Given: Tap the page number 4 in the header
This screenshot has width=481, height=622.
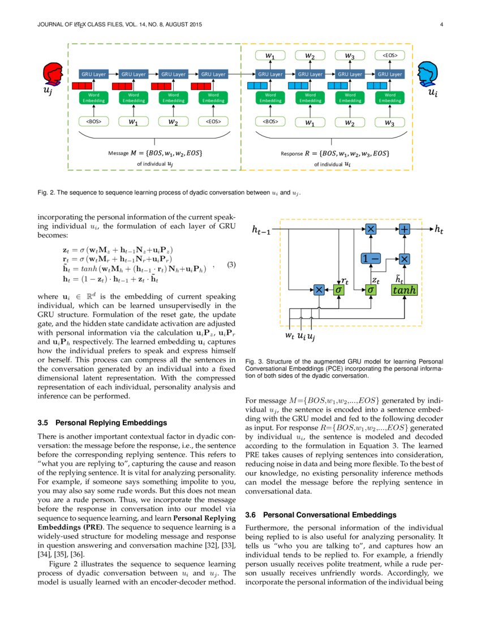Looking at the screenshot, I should click(440, 24).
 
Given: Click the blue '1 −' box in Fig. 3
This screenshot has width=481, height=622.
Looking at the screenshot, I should click(371, 258).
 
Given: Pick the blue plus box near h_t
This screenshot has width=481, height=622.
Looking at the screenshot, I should click(405, 228).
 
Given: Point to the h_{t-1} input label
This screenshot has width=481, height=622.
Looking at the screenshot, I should click(264, 230).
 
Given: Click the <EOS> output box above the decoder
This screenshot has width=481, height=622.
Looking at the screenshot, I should click(390, 55).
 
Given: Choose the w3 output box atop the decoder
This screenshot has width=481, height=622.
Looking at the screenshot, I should click(350, 55).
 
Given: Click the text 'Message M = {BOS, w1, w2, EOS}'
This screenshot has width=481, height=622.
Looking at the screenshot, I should click(154, 153).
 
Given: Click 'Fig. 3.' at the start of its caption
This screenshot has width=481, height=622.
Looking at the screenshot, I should click(254, 361).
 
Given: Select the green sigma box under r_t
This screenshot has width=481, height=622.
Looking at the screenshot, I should click(339, 290).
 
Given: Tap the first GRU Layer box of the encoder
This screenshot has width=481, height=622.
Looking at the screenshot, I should click(93, 74).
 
